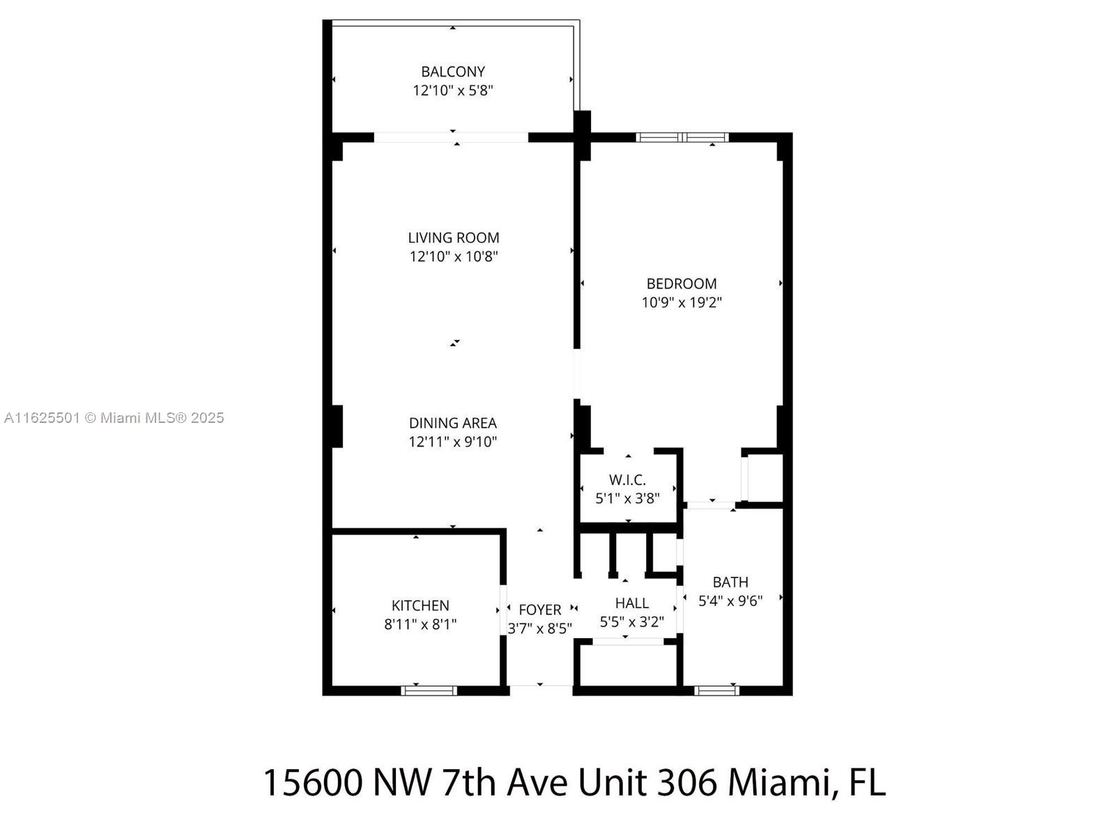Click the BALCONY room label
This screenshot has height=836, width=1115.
point(453,72)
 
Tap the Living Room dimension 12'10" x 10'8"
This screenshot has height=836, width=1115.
point(453,256)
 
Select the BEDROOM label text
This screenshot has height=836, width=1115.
point(682,284)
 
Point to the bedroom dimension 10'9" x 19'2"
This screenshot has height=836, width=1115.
point(682,302)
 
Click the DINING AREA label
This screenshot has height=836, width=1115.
point(453,423)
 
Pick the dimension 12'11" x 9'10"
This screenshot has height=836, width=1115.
point(453,442)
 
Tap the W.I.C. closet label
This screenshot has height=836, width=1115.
point(627,480)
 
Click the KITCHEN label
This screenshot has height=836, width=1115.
point(420,605)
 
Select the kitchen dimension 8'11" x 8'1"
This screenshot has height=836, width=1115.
point(420,624)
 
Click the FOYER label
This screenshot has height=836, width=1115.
point(539,610)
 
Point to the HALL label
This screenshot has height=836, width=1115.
point(632,603)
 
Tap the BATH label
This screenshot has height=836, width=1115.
point(730,582)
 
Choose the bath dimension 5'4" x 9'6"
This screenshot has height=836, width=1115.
point(730,601)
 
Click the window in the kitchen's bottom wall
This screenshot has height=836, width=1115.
point(429,690)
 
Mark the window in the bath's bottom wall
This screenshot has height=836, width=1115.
point(717,690)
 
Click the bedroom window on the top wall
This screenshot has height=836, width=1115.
point(682,137)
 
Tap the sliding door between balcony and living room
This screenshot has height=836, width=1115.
point(451,137)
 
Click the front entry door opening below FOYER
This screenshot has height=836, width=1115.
point(541,690)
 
